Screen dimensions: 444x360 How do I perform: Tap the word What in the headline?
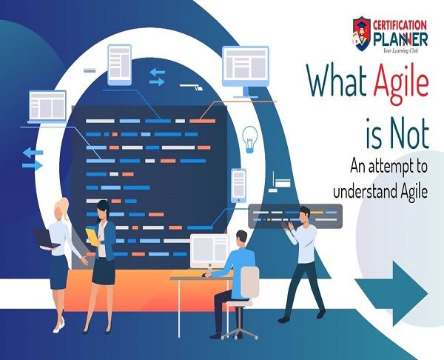[337, 80]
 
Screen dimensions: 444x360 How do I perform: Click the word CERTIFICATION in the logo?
[400, 25]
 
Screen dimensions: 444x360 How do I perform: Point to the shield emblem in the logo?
[362, 34]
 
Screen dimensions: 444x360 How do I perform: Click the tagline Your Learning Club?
[400, 50]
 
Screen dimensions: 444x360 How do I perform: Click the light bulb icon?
[250, 139]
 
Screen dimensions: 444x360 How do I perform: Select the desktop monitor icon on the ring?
[246, 71]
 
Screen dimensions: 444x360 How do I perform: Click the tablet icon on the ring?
[119, 65]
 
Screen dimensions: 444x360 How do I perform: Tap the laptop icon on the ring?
[47, 107]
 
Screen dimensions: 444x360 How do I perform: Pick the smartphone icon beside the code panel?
[239, 185]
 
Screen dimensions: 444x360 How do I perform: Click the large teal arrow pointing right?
[391, 293]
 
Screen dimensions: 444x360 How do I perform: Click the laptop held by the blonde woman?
[45, 239]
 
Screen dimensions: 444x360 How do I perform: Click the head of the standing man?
[303, 215]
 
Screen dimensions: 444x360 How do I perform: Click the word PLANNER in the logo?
[400, 39]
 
